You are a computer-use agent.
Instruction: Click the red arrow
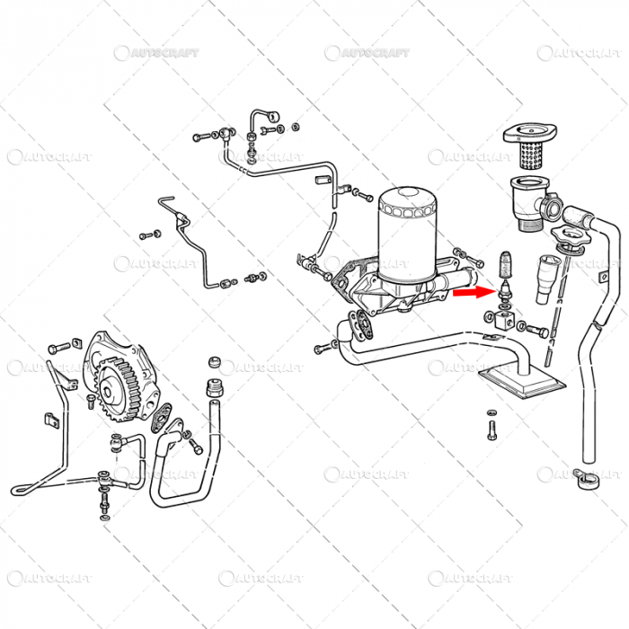470,291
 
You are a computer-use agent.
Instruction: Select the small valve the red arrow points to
504,293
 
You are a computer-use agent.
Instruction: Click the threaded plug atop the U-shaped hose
215,392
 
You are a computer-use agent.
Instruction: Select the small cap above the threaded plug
214,361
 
